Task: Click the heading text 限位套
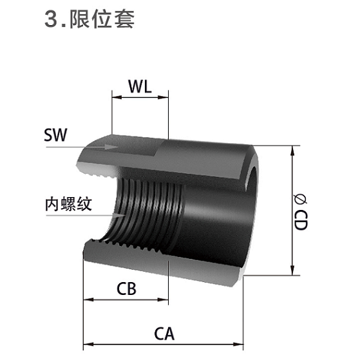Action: tap(102, 19)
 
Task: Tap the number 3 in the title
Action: tap(51, 19)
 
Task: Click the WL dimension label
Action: tap(140, 86)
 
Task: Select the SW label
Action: tap(55, 135)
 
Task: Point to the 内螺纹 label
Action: tap(68, 204)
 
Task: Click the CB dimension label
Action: tap(126, 289)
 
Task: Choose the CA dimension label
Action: tap(164, 334)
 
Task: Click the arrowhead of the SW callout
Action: tap(111, 147)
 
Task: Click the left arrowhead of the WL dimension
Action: tap(117, 97)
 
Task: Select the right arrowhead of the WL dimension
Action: tap(163, 97)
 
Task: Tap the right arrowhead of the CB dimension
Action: tap(163, 299)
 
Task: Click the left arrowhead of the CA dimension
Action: tap(88, 345)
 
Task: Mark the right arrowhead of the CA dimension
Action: tap(238, 345)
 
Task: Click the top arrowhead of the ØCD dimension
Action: tap(292, 151)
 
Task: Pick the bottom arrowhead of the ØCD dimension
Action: tap(292, 270)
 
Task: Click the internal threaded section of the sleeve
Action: tap(147, 214)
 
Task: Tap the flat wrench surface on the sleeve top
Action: tap(122, 146)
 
